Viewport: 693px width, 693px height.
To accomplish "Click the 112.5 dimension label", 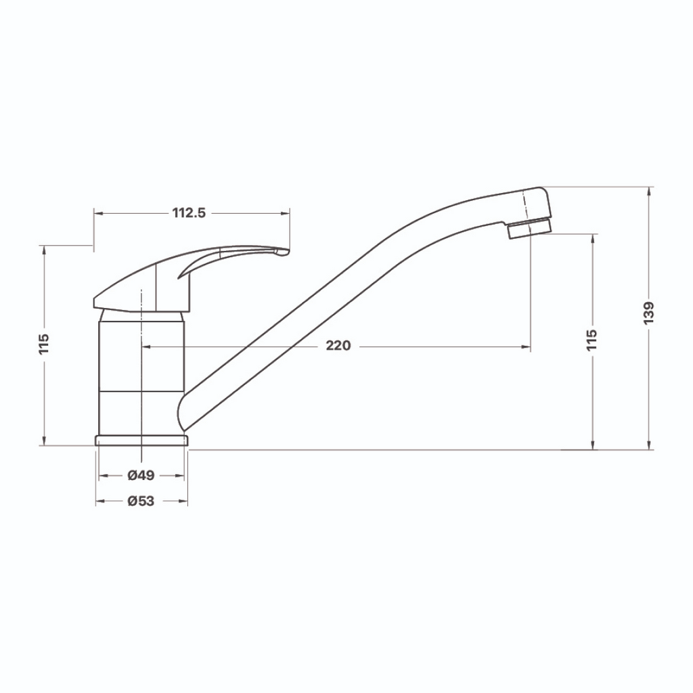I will [189, 213].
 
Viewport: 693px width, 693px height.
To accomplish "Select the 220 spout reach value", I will [338, 346].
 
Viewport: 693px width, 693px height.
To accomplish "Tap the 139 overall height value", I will [649, 313].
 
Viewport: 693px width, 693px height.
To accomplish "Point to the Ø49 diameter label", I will [141, 475].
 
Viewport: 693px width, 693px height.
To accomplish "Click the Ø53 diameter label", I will [141, 501].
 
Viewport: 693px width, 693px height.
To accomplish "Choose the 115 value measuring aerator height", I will [593, 340].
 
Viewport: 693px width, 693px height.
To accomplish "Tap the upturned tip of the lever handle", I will [281, 252].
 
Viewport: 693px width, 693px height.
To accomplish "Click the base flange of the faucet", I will [141, 441].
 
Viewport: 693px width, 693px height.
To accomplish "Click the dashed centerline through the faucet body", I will [141, 365].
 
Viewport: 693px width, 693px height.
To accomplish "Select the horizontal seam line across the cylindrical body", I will [141, 391].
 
